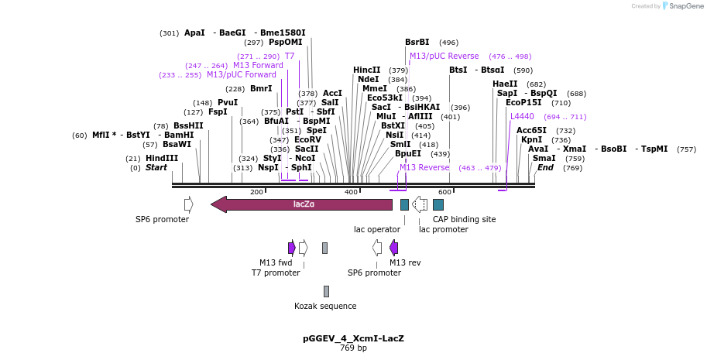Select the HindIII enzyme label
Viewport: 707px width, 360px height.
162,158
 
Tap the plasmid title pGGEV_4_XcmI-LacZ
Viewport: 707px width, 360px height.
353,338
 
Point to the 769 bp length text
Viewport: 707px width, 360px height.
353,348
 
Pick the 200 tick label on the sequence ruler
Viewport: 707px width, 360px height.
256,192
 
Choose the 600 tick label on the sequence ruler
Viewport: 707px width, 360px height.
444,192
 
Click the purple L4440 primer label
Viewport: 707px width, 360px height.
522,116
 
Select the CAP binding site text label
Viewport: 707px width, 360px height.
464,219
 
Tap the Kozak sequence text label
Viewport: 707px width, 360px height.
325,306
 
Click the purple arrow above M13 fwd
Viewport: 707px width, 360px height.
292,248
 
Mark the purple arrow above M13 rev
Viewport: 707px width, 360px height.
394,248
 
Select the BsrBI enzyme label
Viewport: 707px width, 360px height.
417,43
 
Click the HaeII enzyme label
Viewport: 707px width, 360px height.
505,84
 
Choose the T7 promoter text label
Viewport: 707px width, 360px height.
276,273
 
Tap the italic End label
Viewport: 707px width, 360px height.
545,167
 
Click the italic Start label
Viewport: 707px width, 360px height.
156,167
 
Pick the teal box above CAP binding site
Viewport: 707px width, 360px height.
438,204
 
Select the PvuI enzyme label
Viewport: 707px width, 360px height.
228,102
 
